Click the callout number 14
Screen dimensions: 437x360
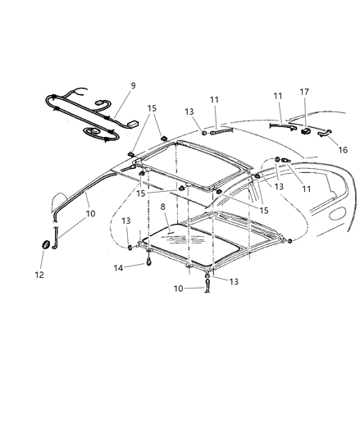[x=119, y=267]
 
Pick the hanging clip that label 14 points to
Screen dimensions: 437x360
[x=148, y=263]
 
